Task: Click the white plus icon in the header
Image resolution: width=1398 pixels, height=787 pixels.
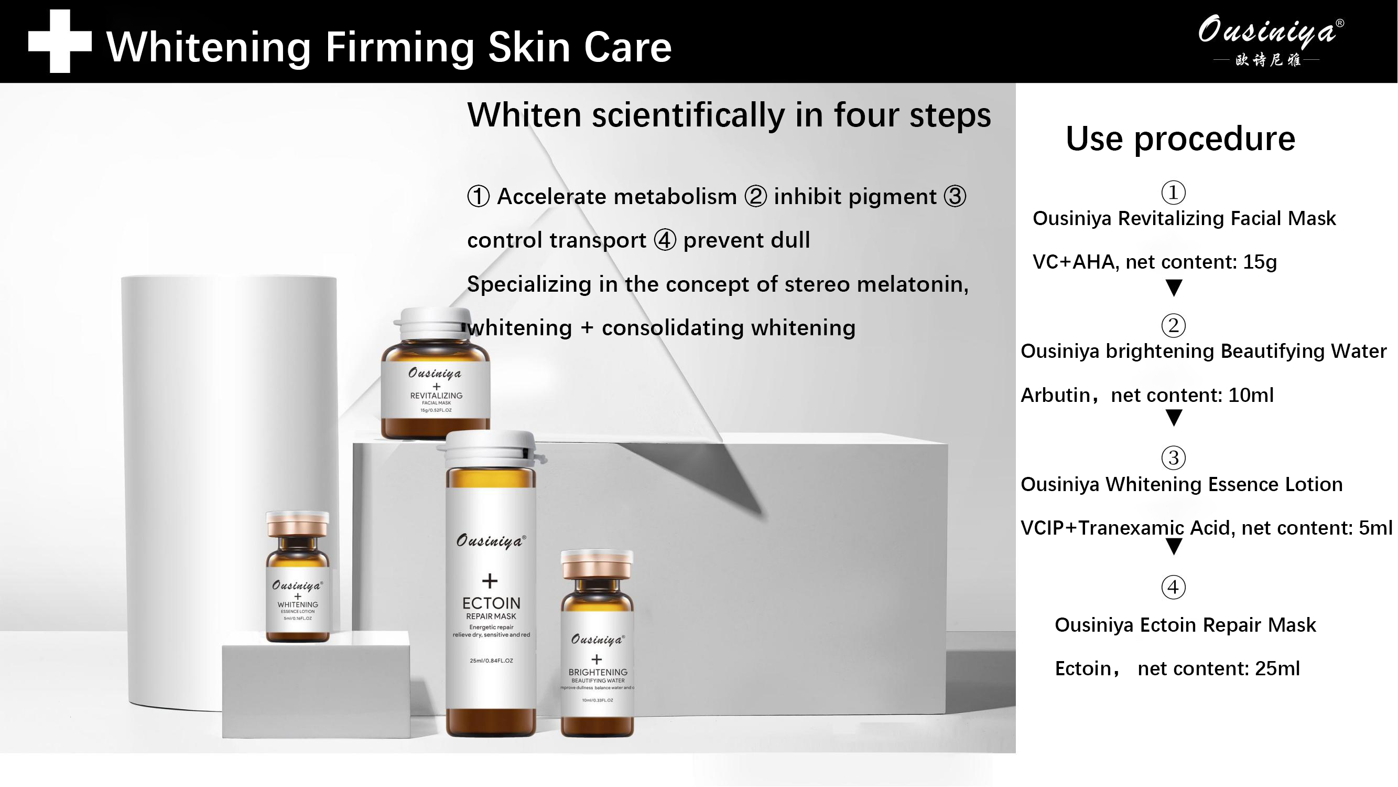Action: (60, 41)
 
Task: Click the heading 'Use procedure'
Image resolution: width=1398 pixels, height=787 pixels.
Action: (1180, 139)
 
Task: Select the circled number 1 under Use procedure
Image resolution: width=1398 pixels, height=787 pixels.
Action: (1173, 192)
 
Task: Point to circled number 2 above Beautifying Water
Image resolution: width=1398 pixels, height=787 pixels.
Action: (1173, 325)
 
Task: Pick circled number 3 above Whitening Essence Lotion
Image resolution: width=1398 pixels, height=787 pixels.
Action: (1173, 458)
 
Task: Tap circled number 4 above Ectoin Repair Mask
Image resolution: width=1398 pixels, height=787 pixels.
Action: (1173, 587)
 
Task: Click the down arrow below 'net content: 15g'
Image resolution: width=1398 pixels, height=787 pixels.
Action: (1174, 288)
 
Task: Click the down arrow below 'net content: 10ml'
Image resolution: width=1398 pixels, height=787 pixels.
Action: (1174, 418)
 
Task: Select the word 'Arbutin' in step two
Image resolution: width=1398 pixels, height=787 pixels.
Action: (1056, 395)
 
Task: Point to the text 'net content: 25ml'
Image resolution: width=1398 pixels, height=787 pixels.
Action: (1218, 668)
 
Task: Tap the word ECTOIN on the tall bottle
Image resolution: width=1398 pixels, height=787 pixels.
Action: (491, 603)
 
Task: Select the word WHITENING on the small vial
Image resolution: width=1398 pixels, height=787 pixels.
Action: (297, 604)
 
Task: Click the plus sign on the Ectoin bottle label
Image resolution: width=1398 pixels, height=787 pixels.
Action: (490, 581)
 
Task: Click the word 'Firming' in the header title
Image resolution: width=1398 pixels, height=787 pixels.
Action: (399, 47)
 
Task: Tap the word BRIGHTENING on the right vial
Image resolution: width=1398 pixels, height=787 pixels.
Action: (598, 672)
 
